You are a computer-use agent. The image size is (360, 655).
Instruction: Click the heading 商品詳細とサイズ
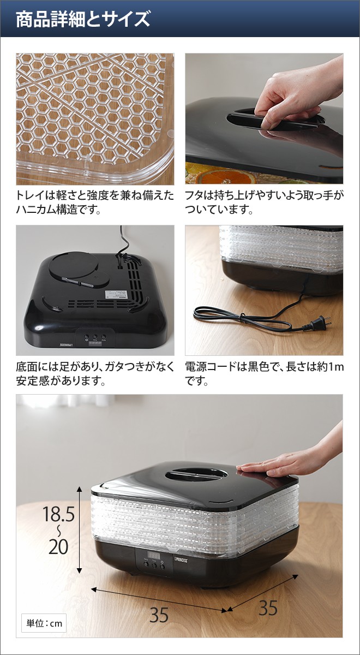[x=82, y=20]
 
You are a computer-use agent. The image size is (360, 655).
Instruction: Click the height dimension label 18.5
[x=59, y=514]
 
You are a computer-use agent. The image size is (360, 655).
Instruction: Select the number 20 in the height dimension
[x=59, y=546]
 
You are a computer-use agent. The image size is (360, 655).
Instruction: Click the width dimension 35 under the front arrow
[x=159, y=615]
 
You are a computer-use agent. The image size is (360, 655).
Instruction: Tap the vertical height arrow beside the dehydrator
[x=80, y=529]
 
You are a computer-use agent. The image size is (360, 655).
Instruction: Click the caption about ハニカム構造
[x=94, y=202]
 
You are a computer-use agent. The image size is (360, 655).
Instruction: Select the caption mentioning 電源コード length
[x=264, y=373]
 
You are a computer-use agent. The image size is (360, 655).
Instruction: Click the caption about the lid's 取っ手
[x=264, y=202]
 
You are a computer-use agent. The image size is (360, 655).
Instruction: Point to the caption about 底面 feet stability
[x=94, y=373]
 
